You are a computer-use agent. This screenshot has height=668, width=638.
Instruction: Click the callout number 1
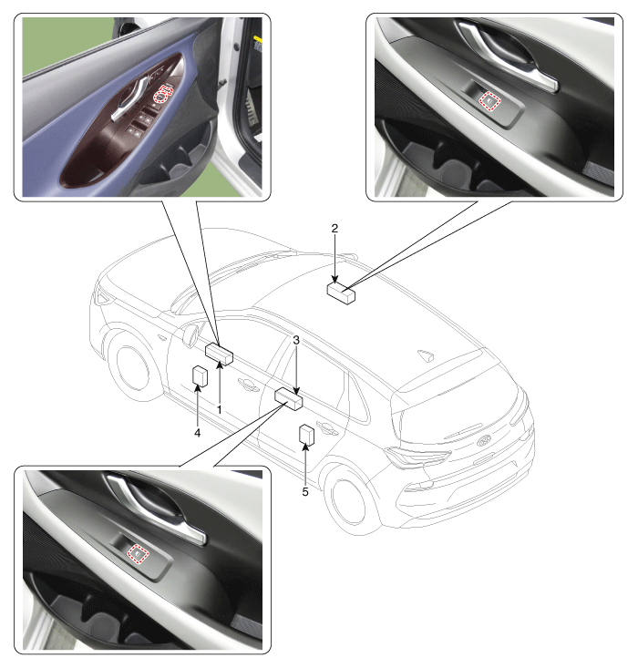click(220, 410)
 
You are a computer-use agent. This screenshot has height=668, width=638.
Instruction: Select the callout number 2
click(334, 229)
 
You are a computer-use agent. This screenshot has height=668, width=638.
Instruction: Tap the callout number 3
click(296, 341)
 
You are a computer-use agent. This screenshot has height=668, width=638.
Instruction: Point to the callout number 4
click(197, 433)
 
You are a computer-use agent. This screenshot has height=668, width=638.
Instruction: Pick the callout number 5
click(305, 491)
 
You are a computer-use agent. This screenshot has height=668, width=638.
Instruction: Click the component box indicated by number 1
click(220, 354)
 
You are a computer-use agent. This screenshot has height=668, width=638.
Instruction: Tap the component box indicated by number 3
click(289, 399)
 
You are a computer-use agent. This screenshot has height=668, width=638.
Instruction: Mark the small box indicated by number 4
click(200, 375)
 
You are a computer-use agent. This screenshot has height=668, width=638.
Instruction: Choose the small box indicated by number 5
click(307, 435)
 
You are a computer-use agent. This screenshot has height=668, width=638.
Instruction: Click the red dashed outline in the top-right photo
click(489, 101)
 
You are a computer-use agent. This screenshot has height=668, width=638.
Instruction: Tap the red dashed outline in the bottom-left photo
click(139, 553)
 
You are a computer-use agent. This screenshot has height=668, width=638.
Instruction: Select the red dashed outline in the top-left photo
click(165, 93)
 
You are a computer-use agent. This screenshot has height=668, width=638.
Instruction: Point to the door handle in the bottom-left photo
click(157, 507)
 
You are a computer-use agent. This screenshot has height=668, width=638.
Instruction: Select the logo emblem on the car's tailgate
click(484, 441)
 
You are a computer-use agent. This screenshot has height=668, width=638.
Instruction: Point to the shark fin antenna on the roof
click(426, 355)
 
